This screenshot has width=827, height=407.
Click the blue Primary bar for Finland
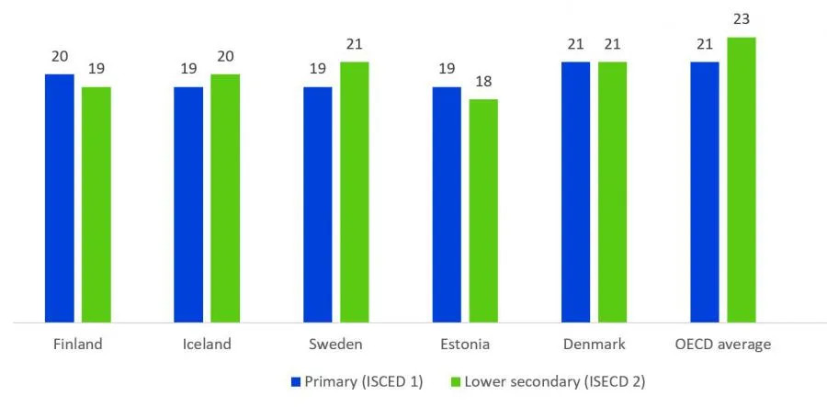pyautogui.click(x=59, y=198)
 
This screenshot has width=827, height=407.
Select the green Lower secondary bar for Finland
pyautogui.click(x=96, y=204)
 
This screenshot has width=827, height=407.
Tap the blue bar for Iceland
pyautogui.click(x=188, y=204)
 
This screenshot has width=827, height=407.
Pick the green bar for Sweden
pyautogui.click(x=354, y=191)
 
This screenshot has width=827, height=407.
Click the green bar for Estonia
pyautogui.click(x=482, y=210)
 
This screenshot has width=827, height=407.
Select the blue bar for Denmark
pyautogui.click(x=575, y=191)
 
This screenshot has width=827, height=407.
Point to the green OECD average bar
pyautogui.click(x=741, y=179)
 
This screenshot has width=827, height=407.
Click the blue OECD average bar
pyautogui.click(x=704, y=191)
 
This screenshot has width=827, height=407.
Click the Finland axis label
pyautogui.click(x=77, y=345)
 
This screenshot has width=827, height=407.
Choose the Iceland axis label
pyautogui.click(x=206, y=345)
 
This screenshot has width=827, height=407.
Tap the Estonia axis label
pyautogui.click(x=464, y=345)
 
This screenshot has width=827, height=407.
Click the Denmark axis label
pyautogui.click(x=594, y=345)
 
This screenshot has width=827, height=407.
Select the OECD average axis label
pyautogui.click(x=722, y=345)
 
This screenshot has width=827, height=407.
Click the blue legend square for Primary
pyautogui.click(x=297, y=382)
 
